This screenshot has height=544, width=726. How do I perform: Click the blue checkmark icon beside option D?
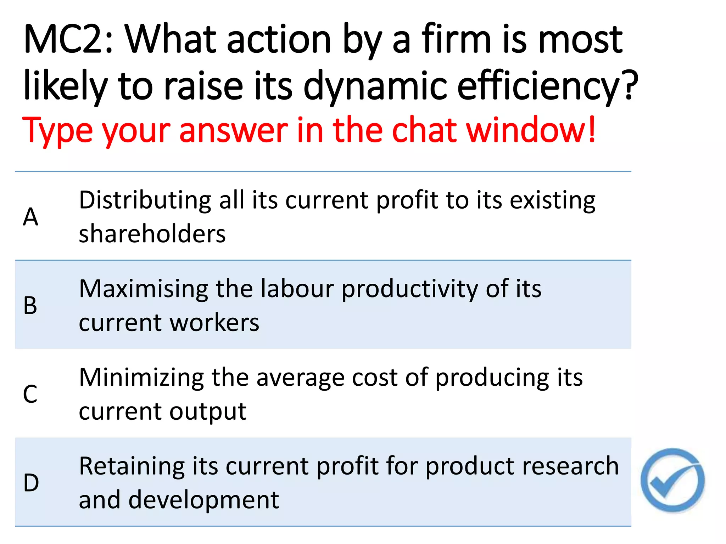[x=672, y=481]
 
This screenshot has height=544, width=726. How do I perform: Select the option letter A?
[x=30, y=217]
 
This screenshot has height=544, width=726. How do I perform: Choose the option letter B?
[x=30, y=305]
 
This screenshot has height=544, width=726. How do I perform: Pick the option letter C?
[x=30, y=394]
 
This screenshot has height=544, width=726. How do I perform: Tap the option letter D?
[x=31, y=483]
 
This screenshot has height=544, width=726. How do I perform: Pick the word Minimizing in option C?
[x=141, y=378]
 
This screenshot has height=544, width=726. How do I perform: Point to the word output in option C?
[x=208, y=412]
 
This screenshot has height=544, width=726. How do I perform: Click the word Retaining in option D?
[x=132, y=466]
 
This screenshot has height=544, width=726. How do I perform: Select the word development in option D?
[x=203, y=500]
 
